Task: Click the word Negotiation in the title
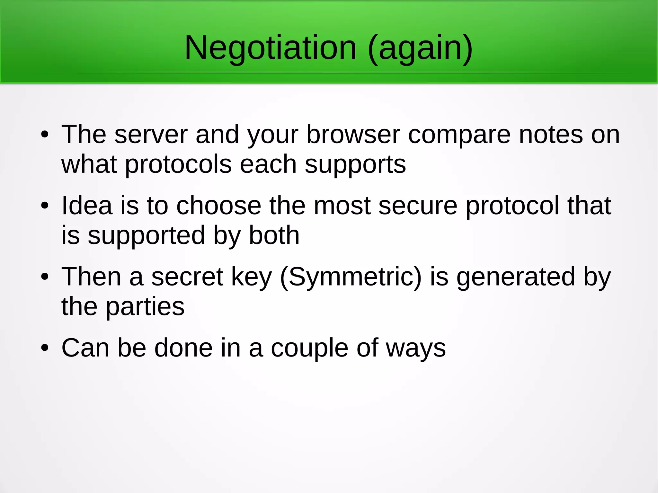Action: point(271,48)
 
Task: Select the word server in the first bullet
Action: point(151,135)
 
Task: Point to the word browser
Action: point(353,135)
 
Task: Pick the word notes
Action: point(551,135)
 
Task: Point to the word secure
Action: point(418,206)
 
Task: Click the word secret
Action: point(187,277)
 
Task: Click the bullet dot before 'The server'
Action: point(45,135)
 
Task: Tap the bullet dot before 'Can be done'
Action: point(45,348)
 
